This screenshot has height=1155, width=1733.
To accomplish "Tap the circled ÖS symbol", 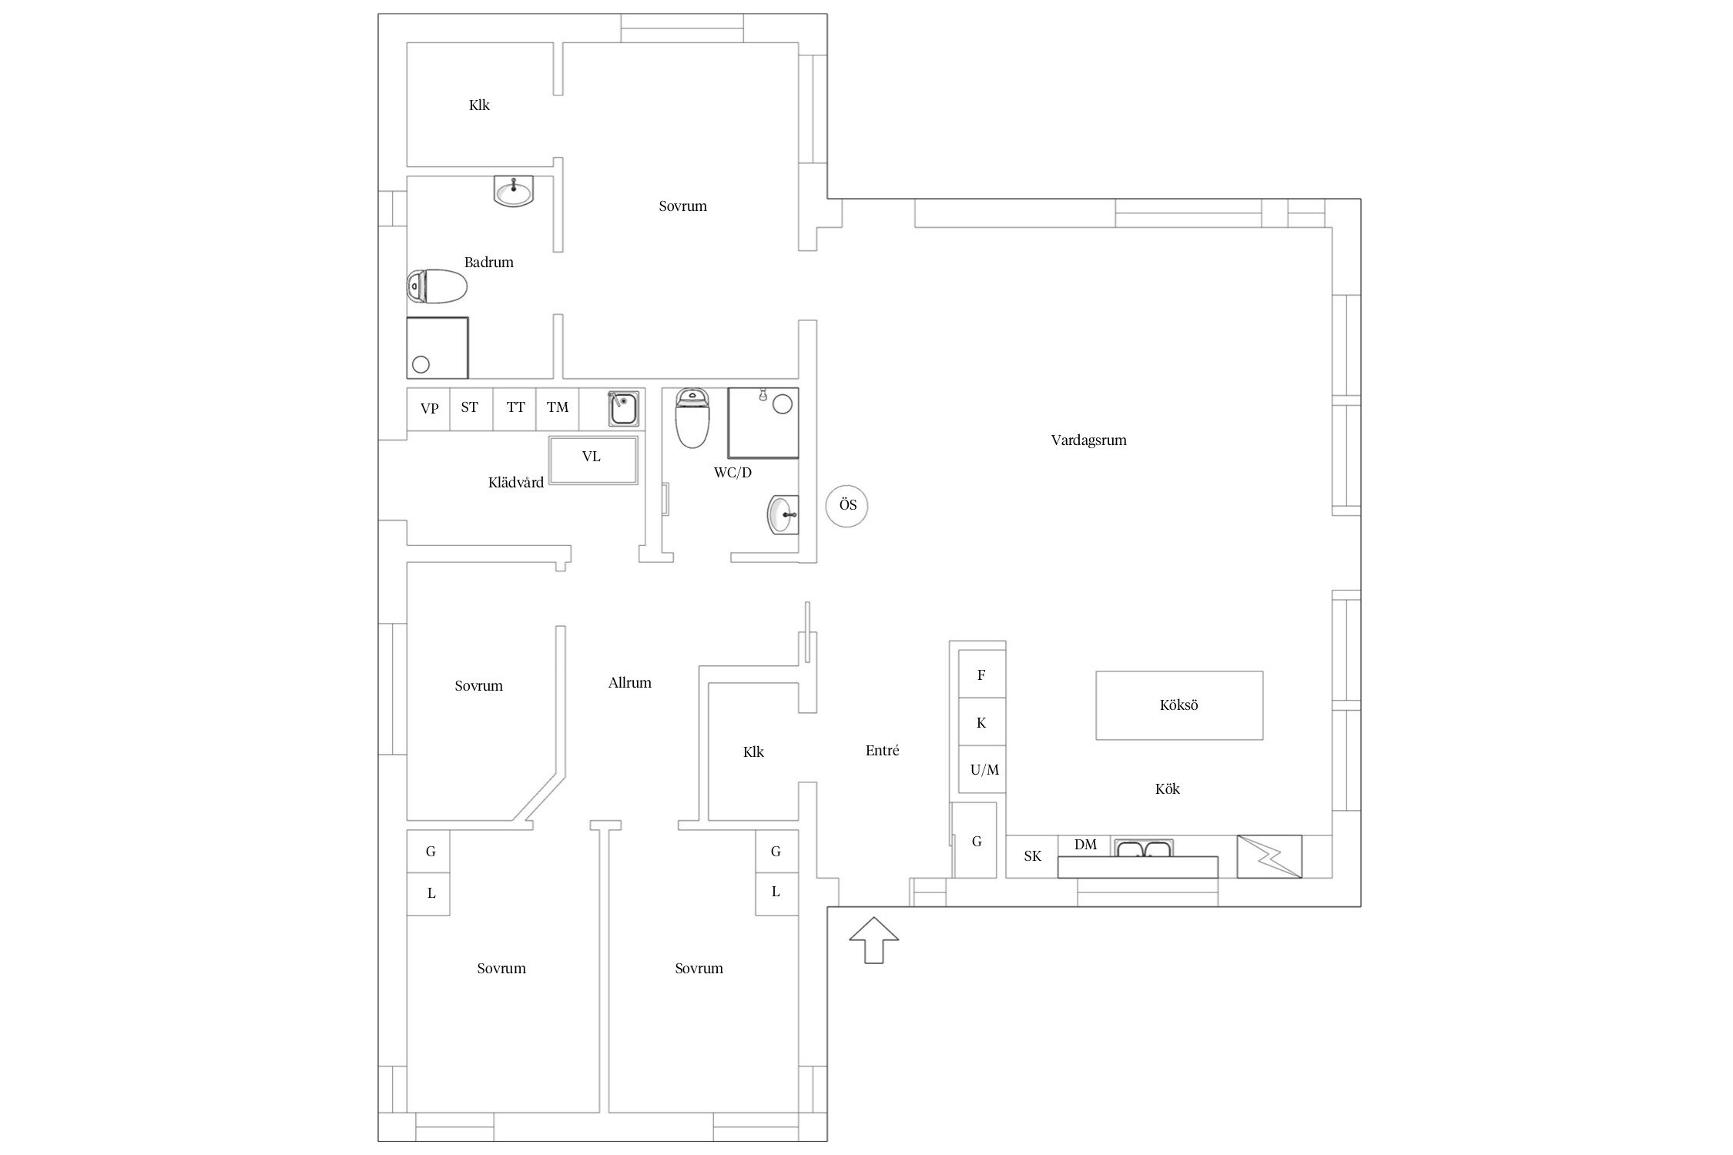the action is pos(847,506).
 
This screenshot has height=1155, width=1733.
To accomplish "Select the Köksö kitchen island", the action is pos(1179,705).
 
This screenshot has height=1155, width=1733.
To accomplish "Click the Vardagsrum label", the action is pos(1088,440).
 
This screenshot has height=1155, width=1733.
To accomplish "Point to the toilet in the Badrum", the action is pos(437,286).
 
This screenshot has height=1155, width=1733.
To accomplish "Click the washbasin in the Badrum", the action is pos(514,191).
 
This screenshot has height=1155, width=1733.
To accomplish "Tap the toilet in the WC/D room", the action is pos(692,418).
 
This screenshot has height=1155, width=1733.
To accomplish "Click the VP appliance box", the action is pos(428,409).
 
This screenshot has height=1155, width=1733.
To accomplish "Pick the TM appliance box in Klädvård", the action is pos(558,409).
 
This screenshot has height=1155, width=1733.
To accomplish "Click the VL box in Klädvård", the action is pos(593,460).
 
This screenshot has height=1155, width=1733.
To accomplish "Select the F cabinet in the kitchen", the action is pos(981,675).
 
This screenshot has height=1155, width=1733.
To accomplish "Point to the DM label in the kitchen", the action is pos(1085,845).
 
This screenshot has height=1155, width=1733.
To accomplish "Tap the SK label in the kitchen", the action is pos(1032,856).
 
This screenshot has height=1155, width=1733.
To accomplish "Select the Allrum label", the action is pos(630,683).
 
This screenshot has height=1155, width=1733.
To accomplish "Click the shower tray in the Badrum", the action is pos(437,347).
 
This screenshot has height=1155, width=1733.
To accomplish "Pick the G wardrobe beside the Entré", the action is pos(976,841).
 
